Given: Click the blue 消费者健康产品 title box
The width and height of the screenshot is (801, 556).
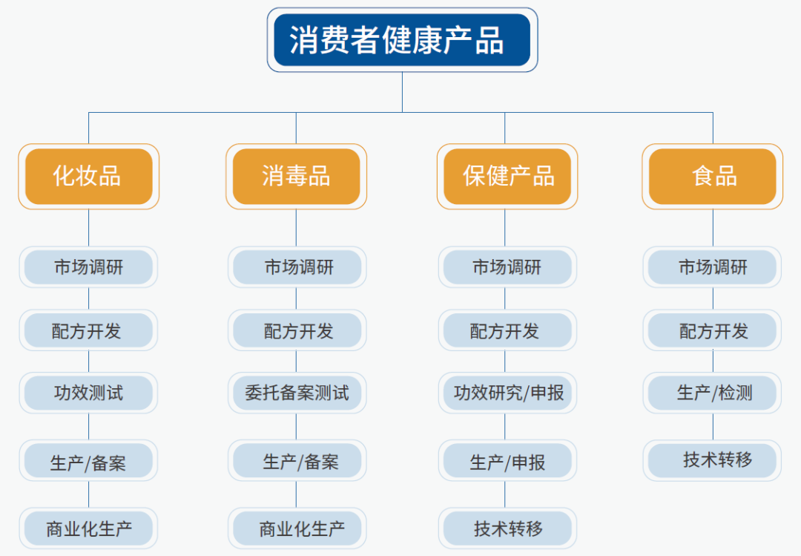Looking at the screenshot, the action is [x=402, y=40].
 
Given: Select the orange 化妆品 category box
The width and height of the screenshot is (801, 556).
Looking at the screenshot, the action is [x=89, y=177].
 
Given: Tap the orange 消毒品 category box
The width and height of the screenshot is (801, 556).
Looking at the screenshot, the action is [x=296, y=177].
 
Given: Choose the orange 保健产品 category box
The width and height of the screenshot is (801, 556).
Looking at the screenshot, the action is [x=507, y=177].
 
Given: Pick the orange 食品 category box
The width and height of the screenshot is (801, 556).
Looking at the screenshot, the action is [x=713, y=177].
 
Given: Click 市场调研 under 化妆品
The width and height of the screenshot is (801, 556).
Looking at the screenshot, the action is [x=88, y=267].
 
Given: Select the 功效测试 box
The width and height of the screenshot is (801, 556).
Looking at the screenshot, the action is [x=88, y=393].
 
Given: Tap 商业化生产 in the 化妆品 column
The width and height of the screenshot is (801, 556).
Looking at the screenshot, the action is [x=88, y=529].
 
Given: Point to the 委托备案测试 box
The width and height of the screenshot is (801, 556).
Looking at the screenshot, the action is [x=297, y=393].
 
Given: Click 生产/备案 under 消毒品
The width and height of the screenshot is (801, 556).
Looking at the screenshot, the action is [x=297, y=460].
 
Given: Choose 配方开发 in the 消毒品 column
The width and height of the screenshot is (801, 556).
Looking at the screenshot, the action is [x=297, y=330].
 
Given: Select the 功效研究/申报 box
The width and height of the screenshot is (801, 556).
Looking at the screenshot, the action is [x=507, y=393].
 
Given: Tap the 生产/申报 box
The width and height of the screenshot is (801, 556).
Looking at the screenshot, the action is [x=507, y=460].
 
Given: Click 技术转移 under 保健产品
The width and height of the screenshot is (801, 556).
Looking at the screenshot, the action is [x=507, y=529].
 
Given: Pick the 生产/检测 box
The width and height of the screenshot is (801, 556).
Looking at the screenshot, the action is [x=712, y=393].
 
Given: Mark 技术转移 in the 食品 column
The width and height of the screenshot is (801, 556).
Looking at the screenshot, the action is [x=712, y=460].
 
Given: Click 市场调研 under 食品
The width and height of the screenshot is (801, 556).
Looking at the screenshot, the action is [x=712, y=267].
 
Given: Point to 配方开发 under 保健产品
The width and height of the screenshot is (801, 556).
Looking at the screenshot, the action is [x=507, y=330].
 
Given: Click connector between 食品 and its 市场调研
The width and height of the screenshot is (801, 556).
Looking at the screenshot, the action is [x=713, y=228].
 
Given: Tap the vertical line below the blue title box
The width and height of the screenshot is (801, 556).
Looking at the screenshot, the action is [x=402, y=92].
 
